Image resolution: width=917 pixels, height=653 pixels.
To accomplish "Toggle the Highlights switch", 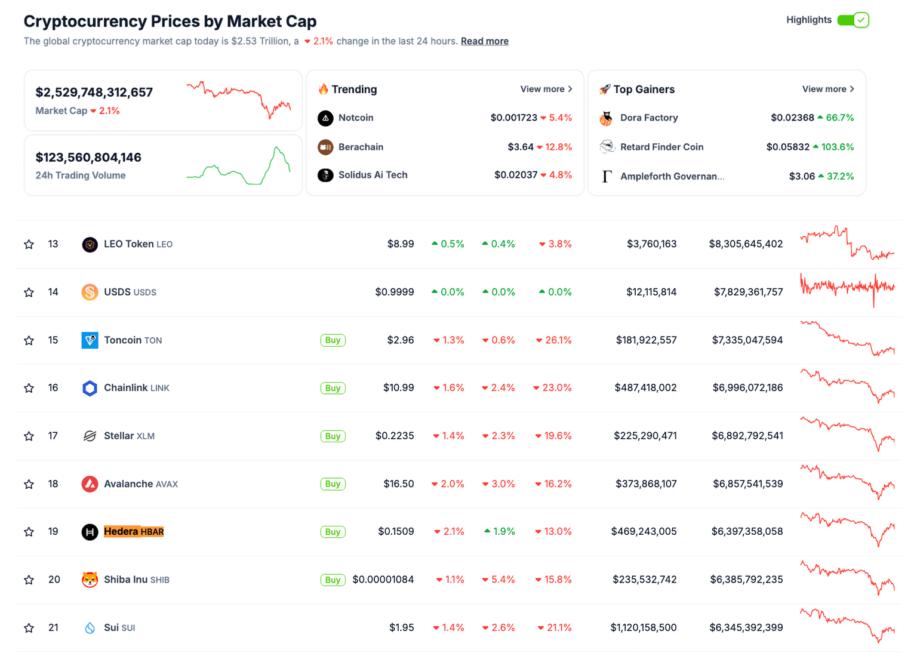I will point(853,20).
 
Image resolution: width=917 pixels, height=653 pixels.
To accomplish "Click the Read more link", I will point(484,41).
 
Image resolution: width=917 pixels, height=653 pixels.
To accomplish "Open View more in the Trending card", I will point(546,89).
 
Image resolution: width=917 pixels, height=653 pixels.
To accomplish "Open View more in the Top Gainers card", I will point(827,89).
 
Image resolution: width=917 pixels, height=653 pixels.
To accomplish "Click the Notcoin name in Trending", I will point(356,118).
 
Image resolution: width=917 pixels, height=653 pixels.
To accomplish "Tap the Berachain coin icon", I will point(325,147).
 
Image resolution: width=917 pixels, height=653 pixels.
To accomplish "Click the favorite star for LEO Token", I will point(29,244).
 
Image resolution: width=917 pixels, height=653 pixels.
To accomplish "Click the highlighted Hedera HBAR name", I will point(134,531).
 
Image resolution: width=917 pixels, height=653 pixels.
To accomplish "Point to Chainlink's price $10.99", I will point(398,388).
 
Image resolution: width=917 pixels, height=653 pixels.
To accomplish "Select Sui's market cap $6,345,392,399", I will point(746,627).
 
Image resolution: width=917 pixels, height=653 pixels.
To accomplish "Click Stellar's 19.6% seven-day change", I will point(553,436).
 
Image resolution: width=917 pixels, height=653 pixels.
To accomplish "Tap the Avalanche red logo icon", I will point(90,483).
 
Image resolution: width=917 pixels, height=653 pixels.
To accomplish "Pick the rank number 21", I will point(53,627).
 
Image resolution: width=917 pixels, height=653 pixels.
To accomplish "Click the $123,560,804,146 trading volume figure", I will point(88,158).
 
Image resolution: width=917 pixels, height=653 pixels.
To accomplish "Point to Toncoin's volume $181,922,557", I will point(646,340).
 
